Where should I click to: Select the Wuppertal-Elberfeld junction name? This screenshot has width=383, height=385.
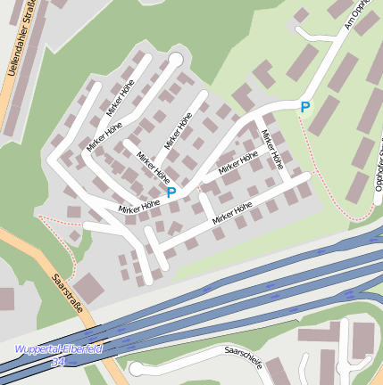(x=59, y=348)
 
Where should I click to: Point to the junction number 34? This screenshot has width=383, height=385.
(x=59, y=362)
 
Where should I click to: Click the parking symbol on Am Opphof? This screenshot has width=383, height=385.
(x=304, y=107)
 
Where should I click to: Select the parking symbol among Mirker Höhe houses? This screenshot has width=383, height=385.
(x=171, y=192)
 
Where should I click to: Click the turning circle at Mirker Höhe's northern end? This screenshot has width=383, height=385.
(x=175, y=60)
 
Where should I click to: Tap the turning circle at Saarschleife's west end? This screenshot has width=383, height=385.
(x=136, y=368)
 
